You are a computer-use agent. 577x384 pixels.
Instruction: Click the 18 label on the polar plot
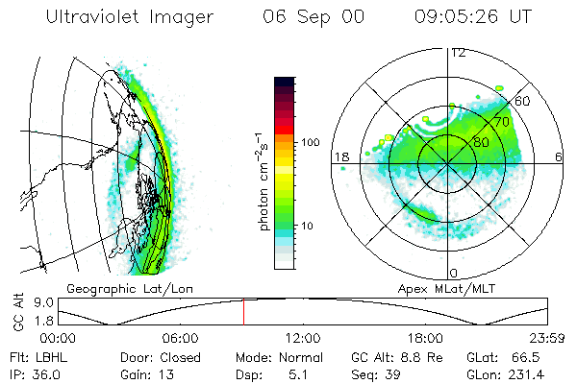point(339,156)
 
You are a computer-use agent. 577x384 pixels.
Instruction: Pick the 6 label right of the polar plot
point(559,156)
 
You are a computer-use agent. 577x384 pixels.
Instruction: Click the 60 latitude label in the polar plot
point(523,101)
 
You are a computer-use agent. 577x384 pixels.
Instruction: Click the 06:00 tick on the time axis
point(181,337)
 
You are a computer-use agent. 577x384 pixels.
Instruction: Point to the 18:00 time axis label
point(425,337)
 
